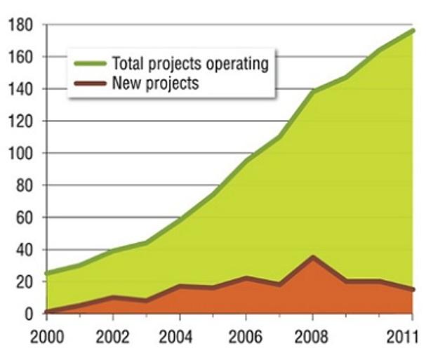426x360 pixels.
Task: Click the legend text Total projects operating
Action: (190, 64)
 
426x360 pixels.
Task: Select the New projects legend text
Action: (155, 84)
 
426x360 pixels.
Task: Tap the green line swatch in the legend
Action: (90, 64)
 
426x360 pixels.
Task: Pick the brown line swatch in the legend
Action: (90, 84)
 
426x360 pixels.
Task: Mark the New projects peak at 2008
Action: (312, 257)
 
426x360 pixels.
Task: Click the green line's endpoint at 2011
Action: (413, 30)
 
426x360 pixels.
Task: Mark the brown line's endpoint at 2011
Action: (413, 289)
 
